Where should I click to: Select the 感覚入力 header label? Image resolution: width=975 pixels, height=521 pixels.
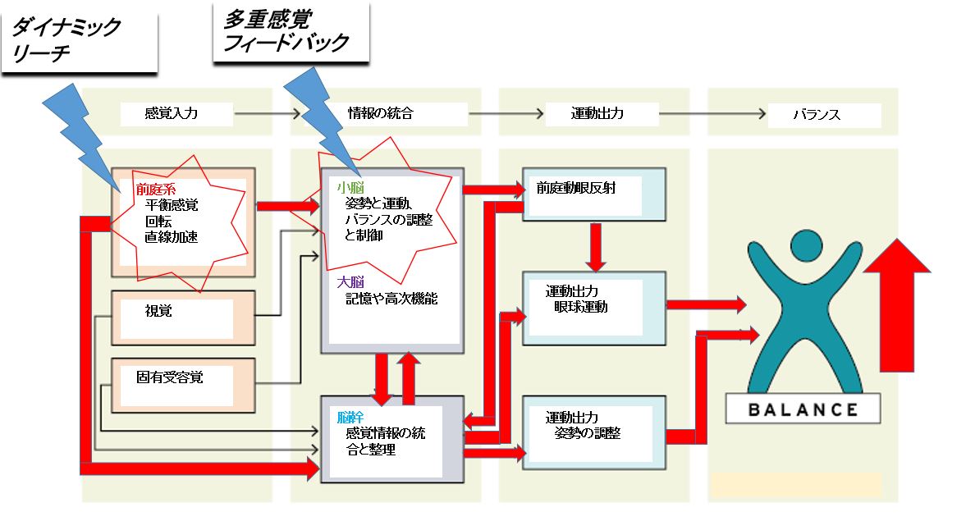(171, 113)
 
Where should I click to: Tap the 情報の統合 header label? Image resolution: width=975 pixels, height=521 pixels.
(380, 113)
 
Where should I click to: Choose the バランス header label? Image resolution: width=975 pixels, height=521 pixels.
(816, 114)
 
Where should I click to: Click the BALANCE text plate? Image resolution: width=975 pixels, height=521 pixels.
(803, 409)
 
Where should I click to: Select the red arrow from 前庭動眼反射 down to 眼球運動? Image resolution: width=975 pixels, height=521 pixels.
(596, 245)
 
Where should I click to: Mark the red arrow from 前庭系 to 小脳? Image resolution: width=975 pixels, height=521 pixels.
(287, 206)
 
